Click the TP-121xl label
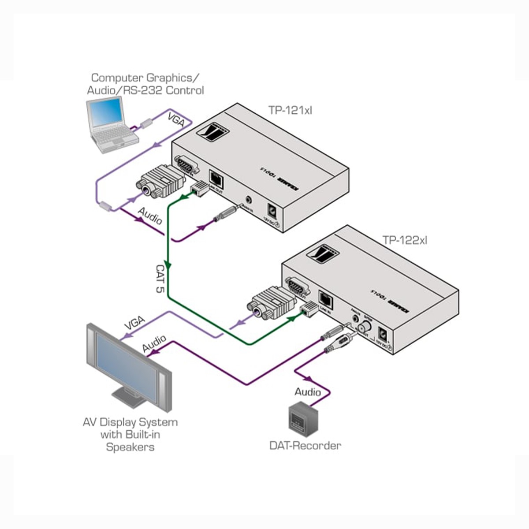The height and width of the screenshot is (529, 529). pos(290,110)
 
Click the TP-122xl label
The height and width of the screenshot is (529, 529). pos(405,240)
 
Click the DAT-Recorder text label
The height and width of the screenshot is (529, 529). pos(305,445)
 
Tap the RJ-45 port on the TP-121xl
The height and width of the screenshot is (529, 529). pos(216,178)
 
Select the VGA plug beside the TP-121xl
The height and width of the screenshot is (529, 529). pos(161,182)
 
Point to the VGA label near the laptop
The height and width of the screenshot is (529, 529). pos(175,120)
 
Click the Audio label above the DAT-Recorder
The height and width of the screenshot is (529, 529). pos(307,391)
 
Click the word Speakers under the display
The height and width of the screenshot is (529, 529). pos(130,447)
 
